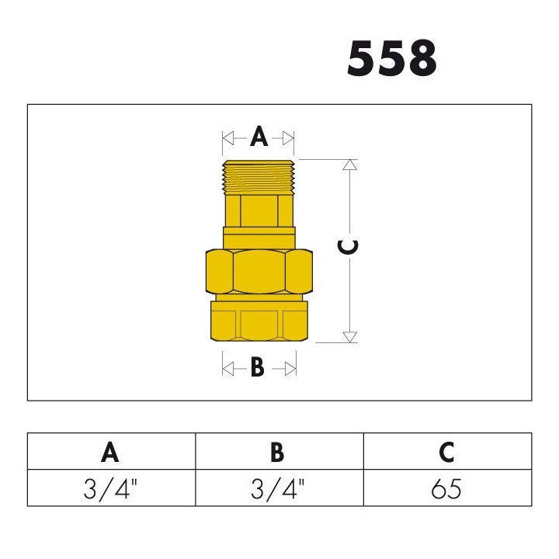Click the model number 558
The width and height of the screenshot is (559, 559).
[392, 58]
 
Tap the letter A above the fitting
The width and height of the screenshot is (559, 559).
[259, 137]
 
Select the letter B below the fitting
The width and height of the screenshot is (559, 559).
[258, 366]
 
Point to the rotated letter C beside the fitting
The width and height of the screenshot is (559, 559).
[347, 248]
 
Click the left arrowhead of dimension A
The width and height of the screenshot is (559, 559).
[228, 138]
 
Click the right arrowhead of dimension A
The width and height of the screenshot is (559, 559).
[288, 138]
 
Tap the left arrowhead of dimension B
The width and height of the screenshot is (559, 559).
[228, 369]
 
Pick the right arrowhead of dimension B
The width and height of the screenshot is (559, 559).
[290, 369]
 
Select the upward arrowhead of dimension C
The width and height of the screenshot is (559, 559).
[349, 165]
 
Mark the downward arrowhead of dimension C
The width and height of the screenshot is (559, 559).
[349, 337]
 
